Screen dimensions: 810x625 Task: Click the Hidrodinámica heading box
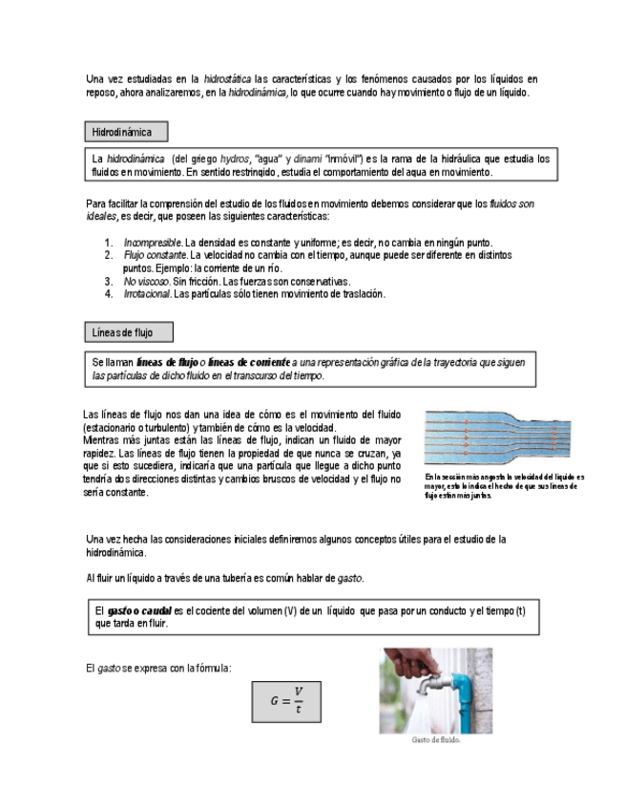coord(126,132)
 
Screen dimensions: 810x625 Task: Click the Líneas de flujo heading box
coord(129,332)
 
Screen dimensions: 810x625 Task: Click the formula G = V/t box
coord(286,701)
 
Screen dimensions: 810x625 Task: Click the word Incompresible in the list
coord(153,243)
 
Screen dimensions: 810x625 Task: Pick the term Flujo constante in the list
coord(156,256)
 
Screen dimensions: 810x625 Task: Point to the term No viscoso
coord(146,282)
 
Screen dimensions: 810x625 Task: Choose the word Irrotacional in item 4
coord(147,294)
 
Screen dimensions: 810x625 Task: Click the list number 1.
coord(109,243)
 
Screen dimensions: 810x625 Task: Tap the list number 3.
coord(109,282)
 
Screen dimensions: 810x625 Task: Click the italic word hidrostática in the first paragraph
coord(228,78)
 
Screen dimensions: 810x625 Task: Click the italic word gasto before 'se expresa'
coord(109,668)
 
